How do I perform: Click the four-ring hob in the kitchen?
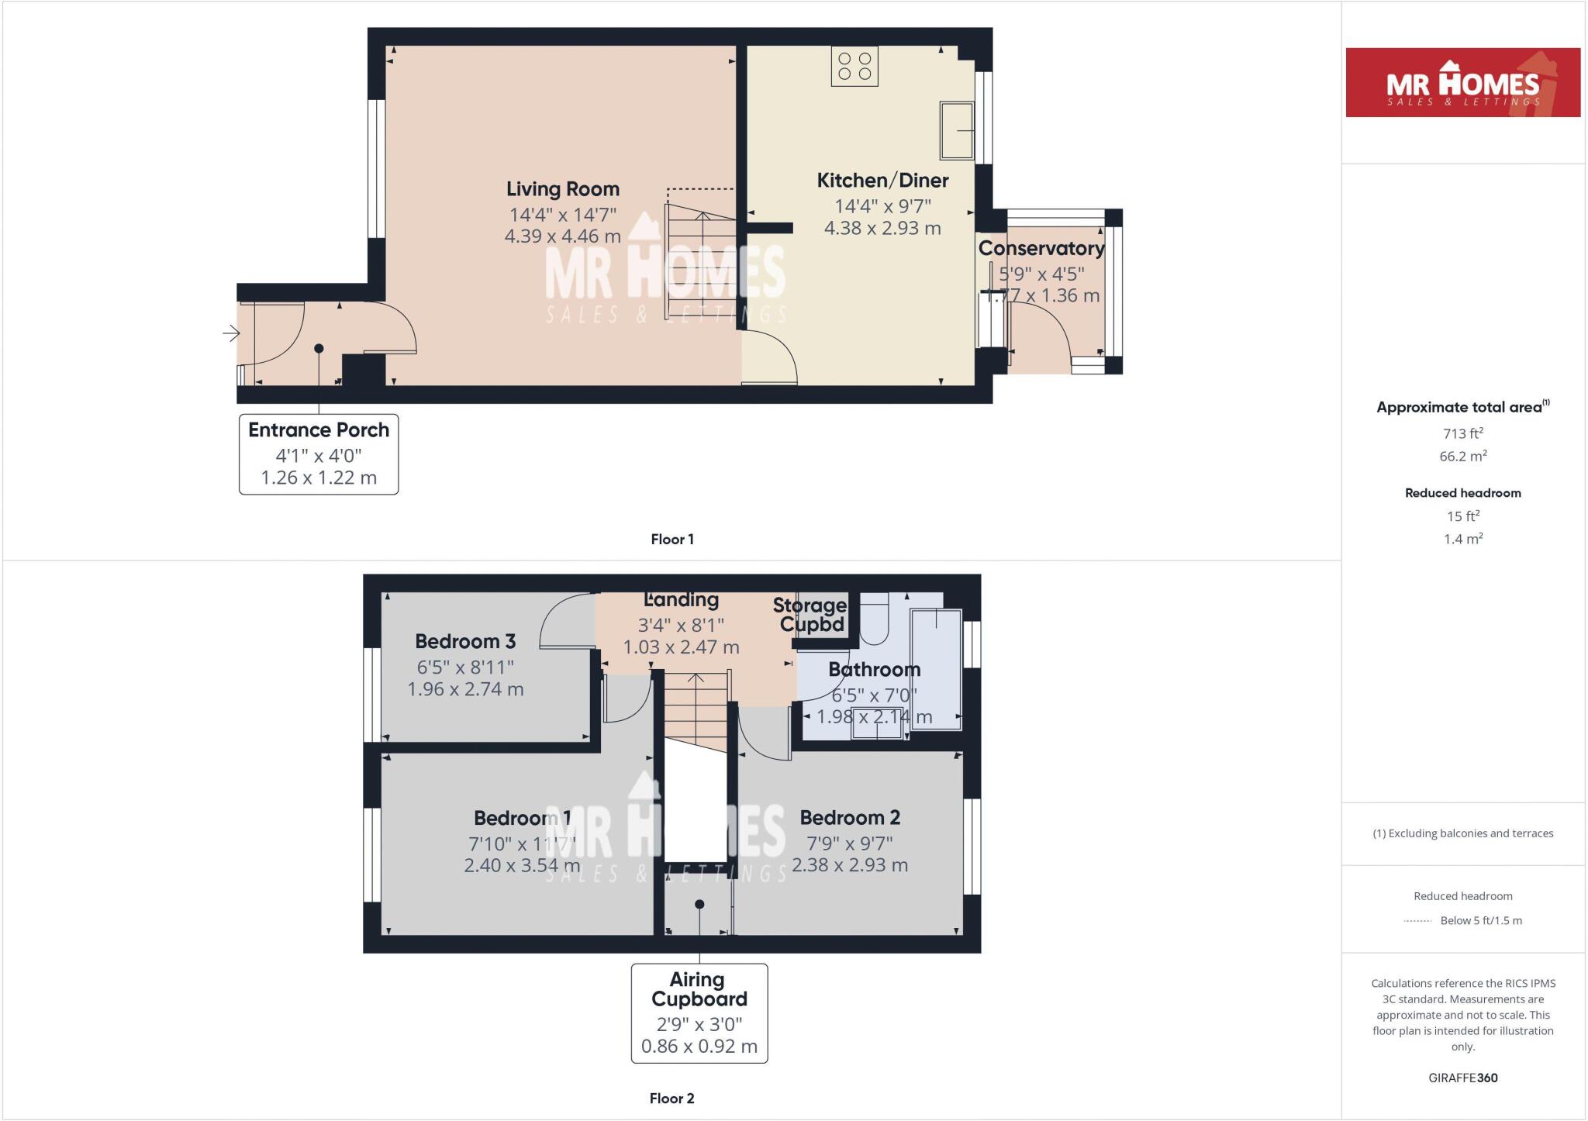854,66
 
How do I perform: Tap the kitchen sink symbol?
957,130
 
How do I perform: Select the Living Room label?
563,189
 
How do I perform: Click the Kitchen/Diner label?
882,181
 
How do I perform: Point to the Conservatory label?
1041,249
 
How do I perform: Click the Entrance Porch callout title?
319,430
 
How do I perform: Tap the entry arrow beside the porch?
230,333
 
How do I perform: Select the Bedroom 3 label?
465,642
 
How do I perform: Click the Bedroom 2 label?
850,818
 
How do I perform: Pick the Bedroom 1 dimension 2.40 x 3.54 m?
522,865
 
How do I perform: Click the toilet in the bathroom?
875,620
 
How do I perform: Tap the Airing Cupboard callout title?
699,990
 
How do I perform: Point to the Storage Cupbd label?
810,615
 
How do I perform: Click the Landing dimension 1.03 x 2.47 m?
681,647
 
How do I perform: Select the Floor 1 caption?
672,540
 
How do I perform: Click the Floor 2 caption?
671,1099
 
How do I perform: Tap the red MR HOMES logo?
1462,83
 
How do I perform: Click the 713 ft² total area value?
1462,433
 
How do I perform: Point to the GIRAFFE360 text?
1462,1078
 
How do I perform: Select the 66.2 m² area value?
1462,457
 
